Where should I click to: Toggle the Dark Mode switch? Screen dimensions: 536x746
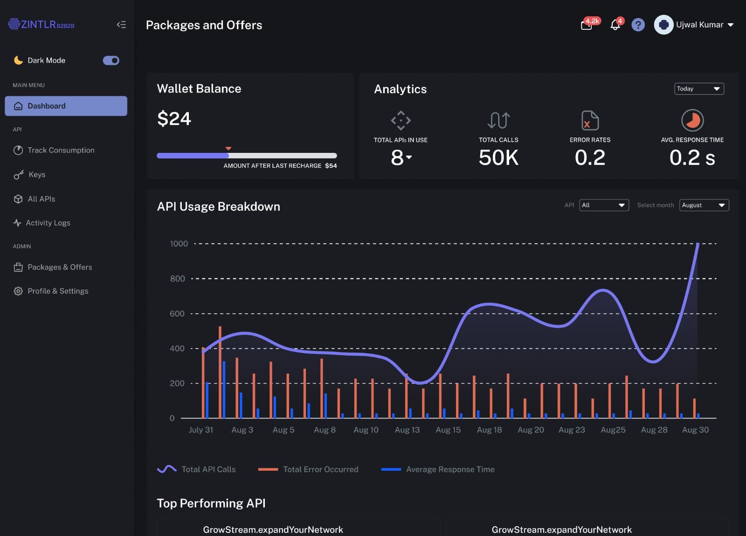111,61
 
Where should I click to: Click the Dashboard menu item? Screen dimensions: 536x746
66,106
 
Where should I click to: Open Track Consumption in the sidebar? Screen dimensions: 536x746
61,150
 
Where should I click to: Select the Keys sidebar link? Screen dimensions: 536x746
36,174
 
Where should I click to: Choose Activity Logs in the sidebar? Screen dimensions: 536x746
48,223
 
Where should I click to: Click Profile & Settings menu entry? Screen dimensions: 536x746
57,291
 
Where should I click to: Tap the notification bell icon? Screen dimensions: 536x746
615,25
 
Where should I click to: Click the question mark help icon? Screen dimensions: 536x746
638,25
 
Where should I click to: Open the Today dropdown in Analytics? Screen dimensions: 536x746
698,89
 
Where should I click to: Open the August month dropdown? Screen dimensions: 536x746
704,205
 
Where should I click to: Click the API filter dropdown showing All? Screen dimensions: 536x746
603,205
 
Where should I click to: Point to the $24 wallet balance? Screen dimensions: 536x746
174,119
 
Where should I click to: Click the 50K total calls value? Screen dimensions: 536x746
498,158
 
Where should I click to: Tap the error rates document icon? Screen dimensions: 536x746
590,120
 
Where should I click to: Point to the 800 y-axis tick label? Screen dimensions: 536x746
177,279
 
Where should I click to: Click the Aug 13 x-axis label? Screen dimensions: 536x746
407,430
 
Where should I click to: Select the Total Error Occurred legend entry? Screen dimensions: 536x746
320,469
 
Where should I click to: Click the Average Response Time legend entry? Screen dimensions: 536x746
449,469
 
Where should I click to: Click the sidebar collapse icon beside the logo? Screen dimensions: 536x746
121,25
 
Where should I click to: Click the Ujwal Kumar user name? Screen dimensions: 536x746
699,25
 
